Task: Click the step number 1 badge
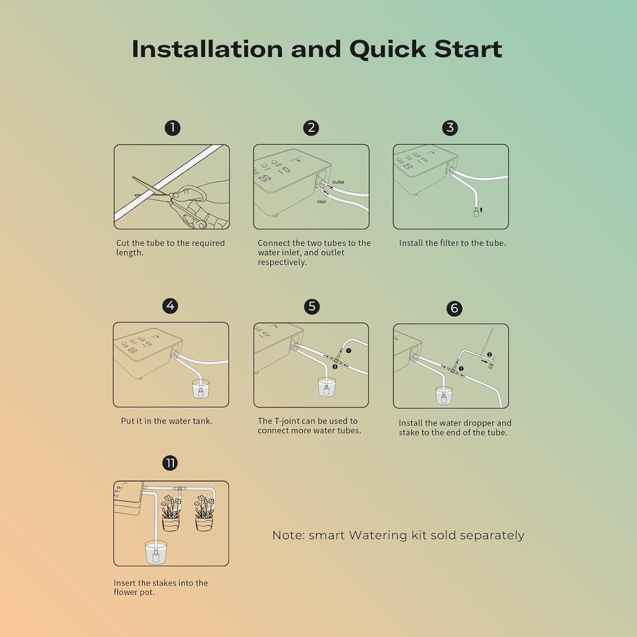tap(172, 128)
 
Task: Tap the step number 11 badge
tap(170, 463)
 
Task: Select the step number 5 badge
tap(312, 306)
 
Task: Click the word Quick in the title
tap(388, 49)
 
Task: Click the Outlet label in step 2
tap(338, 182)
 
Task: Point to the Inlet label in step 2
tap(321, 201)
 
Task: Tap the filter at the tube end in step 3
tap(476, 213)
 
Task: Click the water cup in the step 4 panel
tap(200, 389)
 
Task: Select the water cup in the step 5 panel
tap(326, 387)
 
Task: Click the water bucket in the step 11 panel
tap(156, 552)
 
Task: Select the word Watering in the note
tap(378, 535)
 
